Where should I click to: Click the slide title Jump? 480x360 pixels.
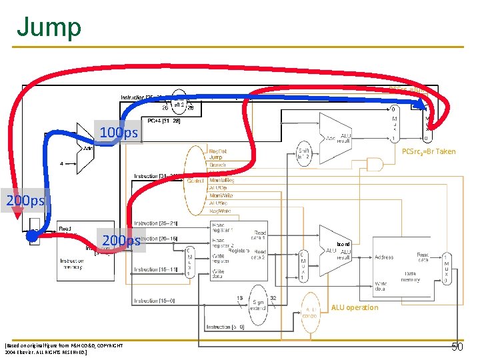pos(49,27)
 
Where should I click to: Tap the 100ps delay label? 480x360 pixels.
pos(119,133)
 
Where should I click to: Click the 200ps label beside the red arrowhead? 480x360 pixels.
pos(25,200)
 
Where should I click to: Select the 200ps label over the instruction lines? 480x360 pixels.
pos(121,240)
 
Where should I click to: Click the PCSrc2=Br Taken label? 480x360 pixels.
pos(429,152)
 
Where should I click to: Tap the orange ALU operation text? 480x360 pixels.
pos(354,307)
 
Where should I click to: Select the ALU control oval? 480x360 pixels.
pos(310,311)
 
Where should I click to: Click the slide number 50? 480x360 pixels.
pos(457,347)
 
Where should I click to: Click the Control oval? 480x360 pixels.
pos(195,180)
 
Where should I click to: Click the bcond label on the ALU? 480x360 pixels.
pos(343,244)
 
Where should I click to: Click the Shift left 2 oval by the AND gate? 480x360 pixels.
pos(304,155)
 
